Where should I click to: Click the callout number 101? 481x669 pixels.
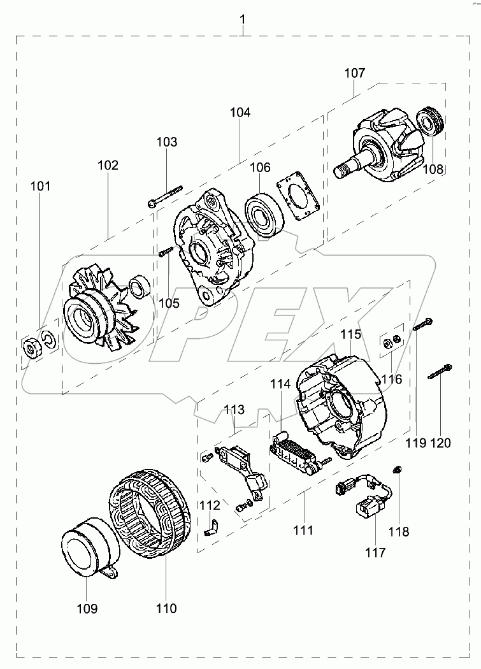click(40, 186)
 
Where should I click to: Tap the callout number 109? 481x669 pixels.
click(87, 608)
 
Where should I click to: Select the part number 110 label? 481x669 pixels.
click(166, 608)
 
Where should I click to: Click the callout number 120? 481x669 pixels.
click(440, 442)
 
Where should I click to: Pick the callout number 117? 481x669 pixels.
click(375, 552)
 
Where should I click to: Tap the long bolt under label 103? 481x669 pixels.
click(164, 196)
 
